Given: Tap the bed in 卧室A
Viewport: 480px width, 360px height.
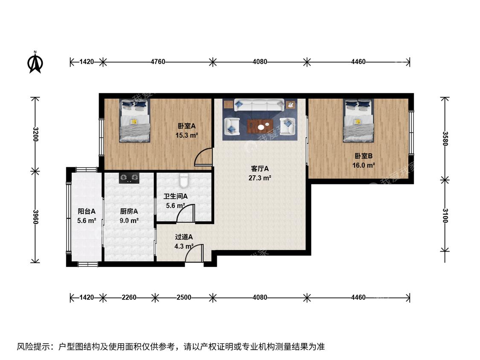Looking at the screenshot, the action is [x=135, y=121].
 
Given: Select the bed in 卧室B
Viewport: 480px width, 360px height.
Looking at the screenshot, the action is [x=358, y=121].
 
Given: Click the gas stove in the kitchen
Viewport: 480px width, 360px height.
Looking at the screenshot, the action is [x=129, y=178].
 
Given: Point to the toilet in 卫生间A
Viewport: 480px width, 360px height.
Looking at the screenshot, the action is [x=183, y=180].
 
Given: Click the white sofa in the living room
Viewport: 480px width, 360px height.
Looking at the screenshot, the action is [x=259, y=105].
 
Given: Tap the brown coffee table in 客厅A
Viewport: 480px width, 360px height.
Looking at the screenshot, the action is [x=260, y=126].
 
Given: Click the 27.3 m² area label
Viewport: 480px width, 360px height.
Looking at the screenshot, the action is [x=259, y=178].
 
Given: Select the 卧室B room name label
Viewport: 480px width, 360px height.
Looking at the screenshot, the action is [x=364, y=156].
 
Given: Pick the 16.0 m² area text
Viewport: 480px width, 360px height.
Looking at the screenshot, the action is [x=364, y=165].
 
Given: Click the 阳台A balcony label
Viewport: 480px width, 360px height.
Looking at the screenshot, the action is [x=87, y=211].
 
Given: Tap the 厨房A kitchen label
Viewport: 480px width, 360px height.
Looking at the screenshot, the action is [x=129, y=211].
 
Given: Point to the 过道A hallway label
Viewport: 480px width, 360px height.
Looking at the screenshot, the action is [x=183, y=237].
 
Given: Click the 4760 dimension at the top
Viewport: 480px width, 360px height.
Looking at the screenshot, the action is [x=158, y=62].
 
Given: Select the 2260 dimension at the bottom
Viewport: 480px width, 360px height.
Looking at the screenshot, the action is [x=129, y=297].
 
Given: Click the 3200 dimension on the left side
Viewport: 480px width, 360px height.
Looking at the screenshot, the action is [x=35, y=134].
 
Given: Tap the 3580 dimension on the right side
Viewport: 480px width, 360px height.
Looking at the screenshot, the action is [x=445, y=139].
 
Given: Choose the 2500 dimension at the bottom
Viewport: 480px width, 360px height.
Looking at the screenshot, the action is [x=183, y=297].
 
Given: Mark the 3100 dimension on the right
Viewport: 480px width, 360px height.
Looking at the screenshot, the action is [x=445, y=216].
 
